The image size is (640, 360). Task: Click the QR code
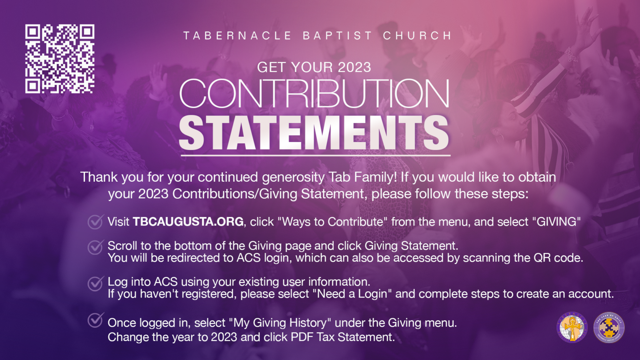(60, 59)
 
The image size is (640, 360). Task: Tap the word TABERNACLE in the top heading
(237, 36)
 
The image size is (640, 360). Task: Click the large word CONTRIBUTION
(315, 94)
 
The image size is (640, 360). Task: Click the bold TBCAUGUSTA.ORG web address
(188, 222)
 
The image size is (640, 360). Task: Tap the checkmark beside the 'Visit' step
(95, 222)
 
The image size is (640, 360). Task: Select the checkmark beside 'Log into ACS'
(95, 283)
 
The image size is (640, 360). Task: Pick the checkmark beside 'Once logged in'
(95, 320)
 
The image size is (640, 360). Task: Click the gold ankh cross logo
(572, 327)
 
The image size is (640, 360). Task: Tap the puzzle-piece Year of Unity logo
(609, 327)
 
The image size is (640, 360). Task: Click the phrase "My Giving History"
(280, 323)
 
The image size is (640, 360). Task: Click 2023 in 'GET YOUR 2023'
(354, 67)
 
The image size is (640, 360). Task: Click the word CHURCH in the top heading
(417, 36)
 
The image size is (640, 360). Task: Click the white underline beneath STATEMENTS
(315, 155)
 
